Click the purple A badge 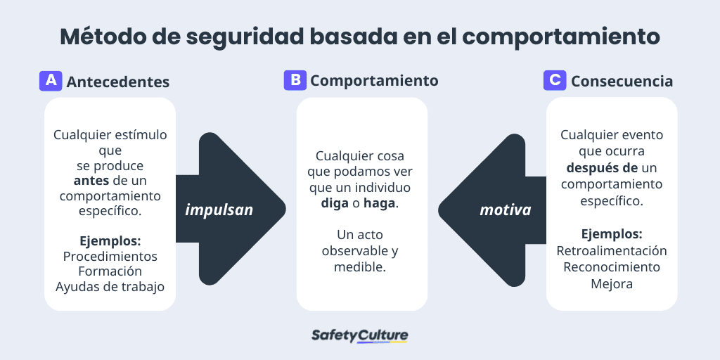click(x=51, y=81)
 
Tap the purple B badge click(x=295, y=80)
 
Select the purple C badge click(x=555, y=80)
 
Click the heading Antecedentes click(x=118, y=82)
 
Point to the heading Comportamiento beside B click(x=374, y=81)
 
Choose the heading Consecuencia click(x=622, y=82)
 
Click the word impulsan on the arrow click(x=219, y=210)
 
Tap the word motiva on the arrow click(x=506, y=210)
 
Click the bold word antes click(x=91, y=181)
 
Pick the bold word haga click(x=380, y=203)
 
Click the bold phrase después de click(x=603, y=168)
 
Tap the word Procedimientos click(x=110, y=256)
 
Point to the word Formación click(x=110, y=271)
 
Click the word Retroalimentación click(x=612, y=251)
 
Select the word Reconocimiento click(x=612, y=267)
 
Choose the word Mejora click(x=612, y=283)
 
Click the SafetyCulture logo click(x=359, y=335)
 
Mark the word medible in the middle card click(x=360, y=267)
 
